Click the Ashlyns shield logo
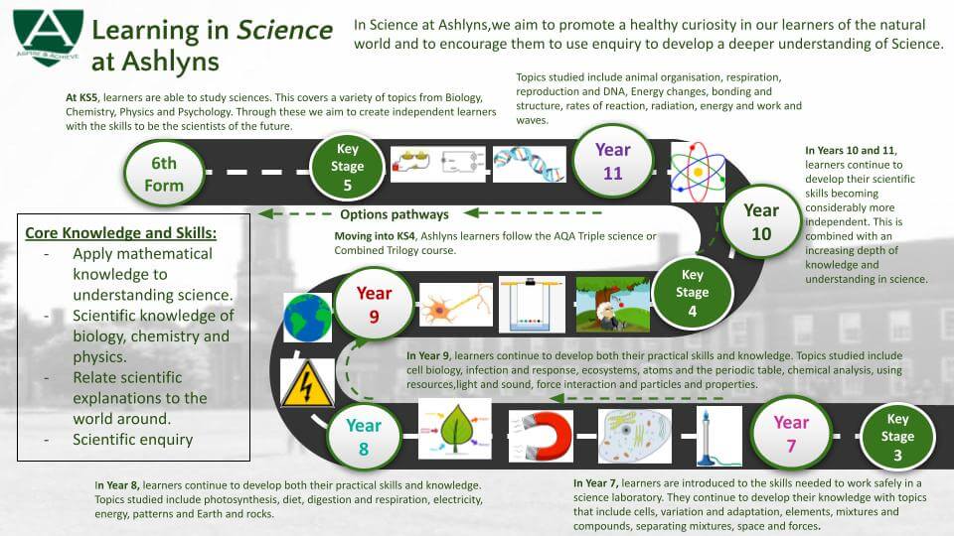click(x=48, y=37)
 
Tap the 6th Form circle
click(x=164, y=174)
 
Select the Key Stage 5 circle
click(x=348, y=167)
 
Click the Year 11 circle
click(x=613, y=162)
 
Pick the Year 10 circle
click(x=761, y=221)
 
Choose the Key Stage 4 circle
click(x=693, y=292)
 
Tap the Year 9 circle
click(x=374, y=304)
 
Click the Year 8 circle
click(x=364, y=437)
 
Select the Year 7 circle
click(x=791, y=434)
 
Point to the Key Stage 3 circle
click(x=897, y=436)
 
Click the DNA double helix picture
click(x=529, y=164)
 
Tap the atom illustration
click(x=698, y=172)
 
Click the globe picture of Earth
click(x=308, y=318)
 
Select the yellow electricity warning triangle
click(x=307, y=383)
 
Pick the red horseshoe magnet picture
click(x=541, y=436)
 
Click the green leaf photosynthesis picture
click(x=455, y=429)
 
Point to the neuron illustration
click(x=456, y=305)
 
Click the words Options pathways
click(x=395, y=214)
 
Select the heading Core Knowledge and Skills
click(x=120, y=233)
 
